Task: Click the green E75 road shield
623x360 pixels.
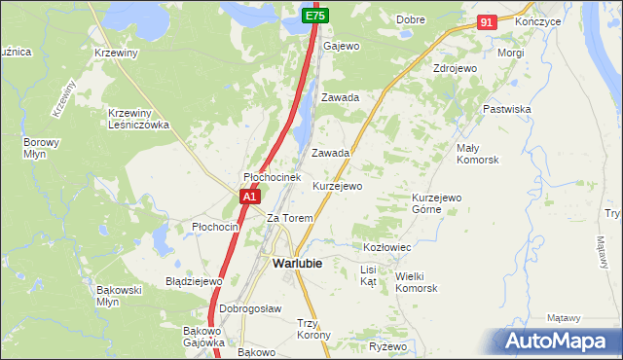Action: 314,16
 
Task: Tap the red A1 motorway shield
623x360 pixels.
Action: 249,196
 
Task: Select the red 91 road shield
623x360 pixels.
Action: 488,21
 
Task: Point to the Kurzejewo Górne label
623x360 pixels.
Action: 436,202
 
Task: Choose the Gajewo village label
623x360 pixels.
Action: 342,46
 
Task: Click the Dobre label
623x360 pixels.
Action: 412,19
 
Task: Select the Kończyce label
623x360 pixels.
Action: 540,20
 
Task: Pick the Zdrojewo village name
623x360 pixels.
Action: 455,69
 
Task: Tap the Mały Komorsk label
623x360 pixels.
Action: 477,153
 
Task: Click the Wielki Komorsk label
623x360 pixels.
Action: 417,282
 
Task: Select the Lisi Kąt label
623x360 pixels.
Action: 368,274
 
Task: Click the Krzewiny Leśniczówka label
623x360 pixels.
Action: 139,118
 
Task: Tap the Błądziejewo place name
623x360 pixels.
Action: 195,281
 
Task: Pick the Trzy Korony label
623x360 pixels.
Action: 313,329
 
